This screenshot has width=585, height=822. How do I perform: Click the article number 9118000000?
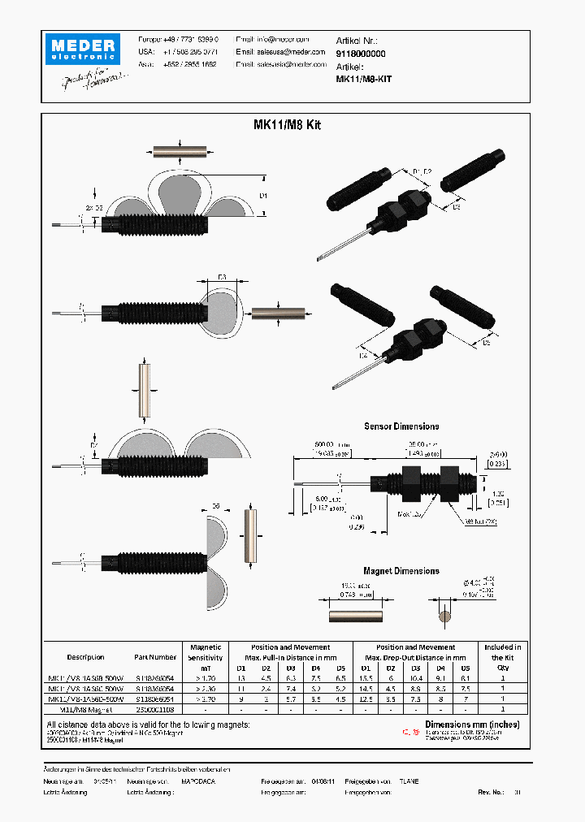pyautogui.click(x=361, y=52)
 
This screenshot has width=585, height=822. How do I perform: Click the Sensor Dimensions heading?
pyautogui.click(x=401, y=426)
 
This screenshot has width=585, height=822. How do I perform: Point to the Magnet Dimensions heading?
pyautogui.click(x=401, y=571)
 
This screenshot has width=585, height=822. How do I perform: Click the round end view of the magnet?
pyautogui.click(x=443, y=616)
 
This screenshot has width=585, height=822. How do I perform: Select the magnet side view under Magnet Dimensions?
pyautogui.click(x=355, y=616)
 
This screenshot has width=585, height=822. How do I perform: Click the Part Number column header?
pyautogui.click(x=155, y=657)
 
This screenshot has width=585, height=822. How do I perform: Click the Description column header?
pyautogui.click(x=85, y=657)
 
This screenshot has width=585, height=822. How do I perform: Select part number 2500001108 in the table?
pyautogui.click(x=155, y=708)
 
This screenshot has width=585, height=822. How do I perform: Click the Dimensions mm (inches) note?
pyautogui.click(x=472, y=724)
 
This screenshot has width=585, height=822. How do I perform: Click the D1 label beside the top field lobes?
pyautogui.click(x=262, y=195)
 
